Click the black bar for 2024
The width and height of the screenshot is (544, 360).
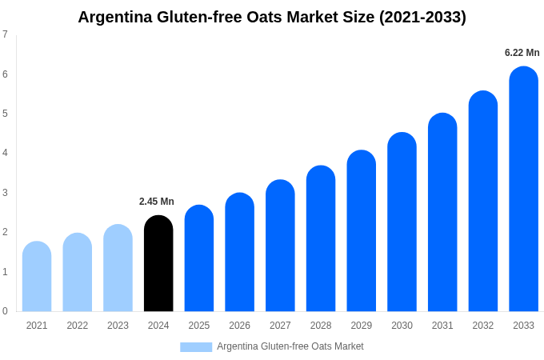pyautogui.click(x=158, y=264)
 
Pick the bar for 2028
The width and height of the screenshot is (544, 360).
pyautogui.click(x=321, y=239)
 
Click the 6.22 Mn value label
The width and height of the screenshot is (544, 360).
pyautogui.click(x=522, y=53)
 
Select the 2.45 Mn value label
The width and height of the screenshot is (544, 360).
pyautogui.click(x=157, y=202)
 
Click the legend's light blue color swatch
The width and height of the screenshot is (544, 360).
pyautogui.click(x=196, y=347)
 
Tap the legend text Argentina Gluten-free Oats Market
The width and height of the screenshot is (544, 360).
pyautogui.click(x=290, y=346)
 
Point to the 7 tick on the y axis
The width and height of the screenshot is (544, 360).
pyautogui.click(x=5, y=34)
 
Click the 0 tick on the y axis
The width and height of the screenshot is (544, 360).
pyautogui.click(x=5, y=311)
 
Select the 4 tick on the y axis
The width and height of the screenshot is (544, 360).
pyautogui.click(x=5, y=153)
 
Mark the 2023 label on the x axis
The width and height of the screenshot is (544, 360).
pyautogui.click(x=118, y=326)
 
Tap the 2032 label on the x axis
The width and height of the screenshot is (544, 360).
pyautogui.click(x=482, y=326)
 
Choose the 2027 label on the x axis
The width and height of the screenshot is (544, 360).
pyautogui.click(x=280, y=326)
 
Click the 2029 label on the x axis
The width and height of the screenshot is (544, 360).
pyautogui.click(x=361, y=326)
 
